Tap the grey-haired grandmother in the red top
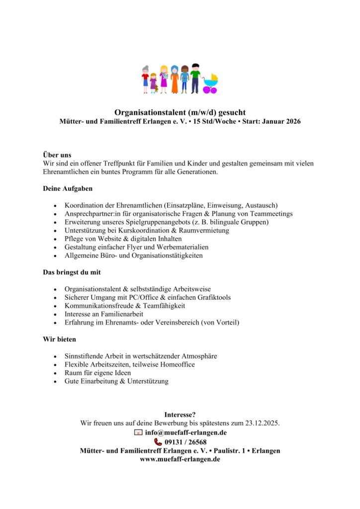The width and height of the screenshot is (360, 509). click(145, 79)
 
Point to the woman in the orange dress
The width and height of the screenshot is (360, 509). click(175, 79)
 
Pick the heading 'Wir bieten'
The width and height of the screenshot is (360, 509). click(59, 339)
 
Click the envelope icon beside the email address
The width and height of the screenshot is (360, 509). click(138, 432)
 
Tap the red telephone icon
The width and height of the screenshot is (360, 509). click(158, 441)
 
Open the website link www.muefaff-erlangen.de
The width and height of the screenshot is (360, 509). click(180, 459)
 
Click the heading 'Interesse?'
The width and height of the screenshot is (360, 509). click(180, 415)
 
